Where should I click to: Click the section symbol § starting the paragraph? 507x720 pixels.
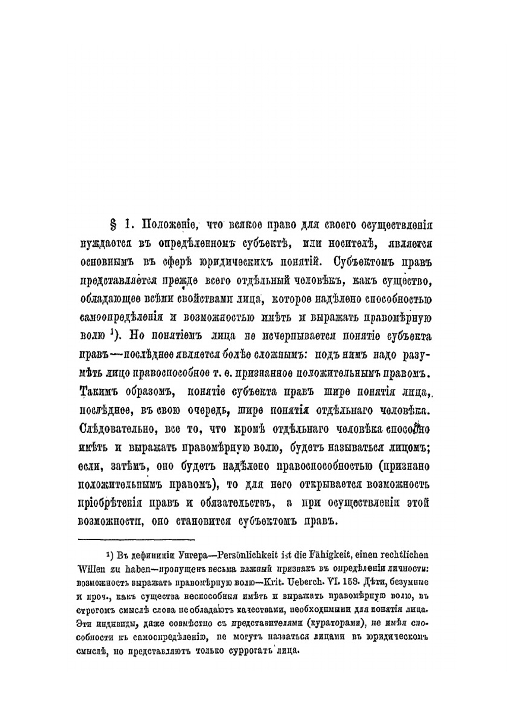point(113,224)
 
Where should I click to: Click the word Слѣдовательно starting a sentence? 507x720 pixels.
point(120,429)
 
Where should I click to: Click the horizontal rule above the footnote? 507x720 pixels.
point(137,539)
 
